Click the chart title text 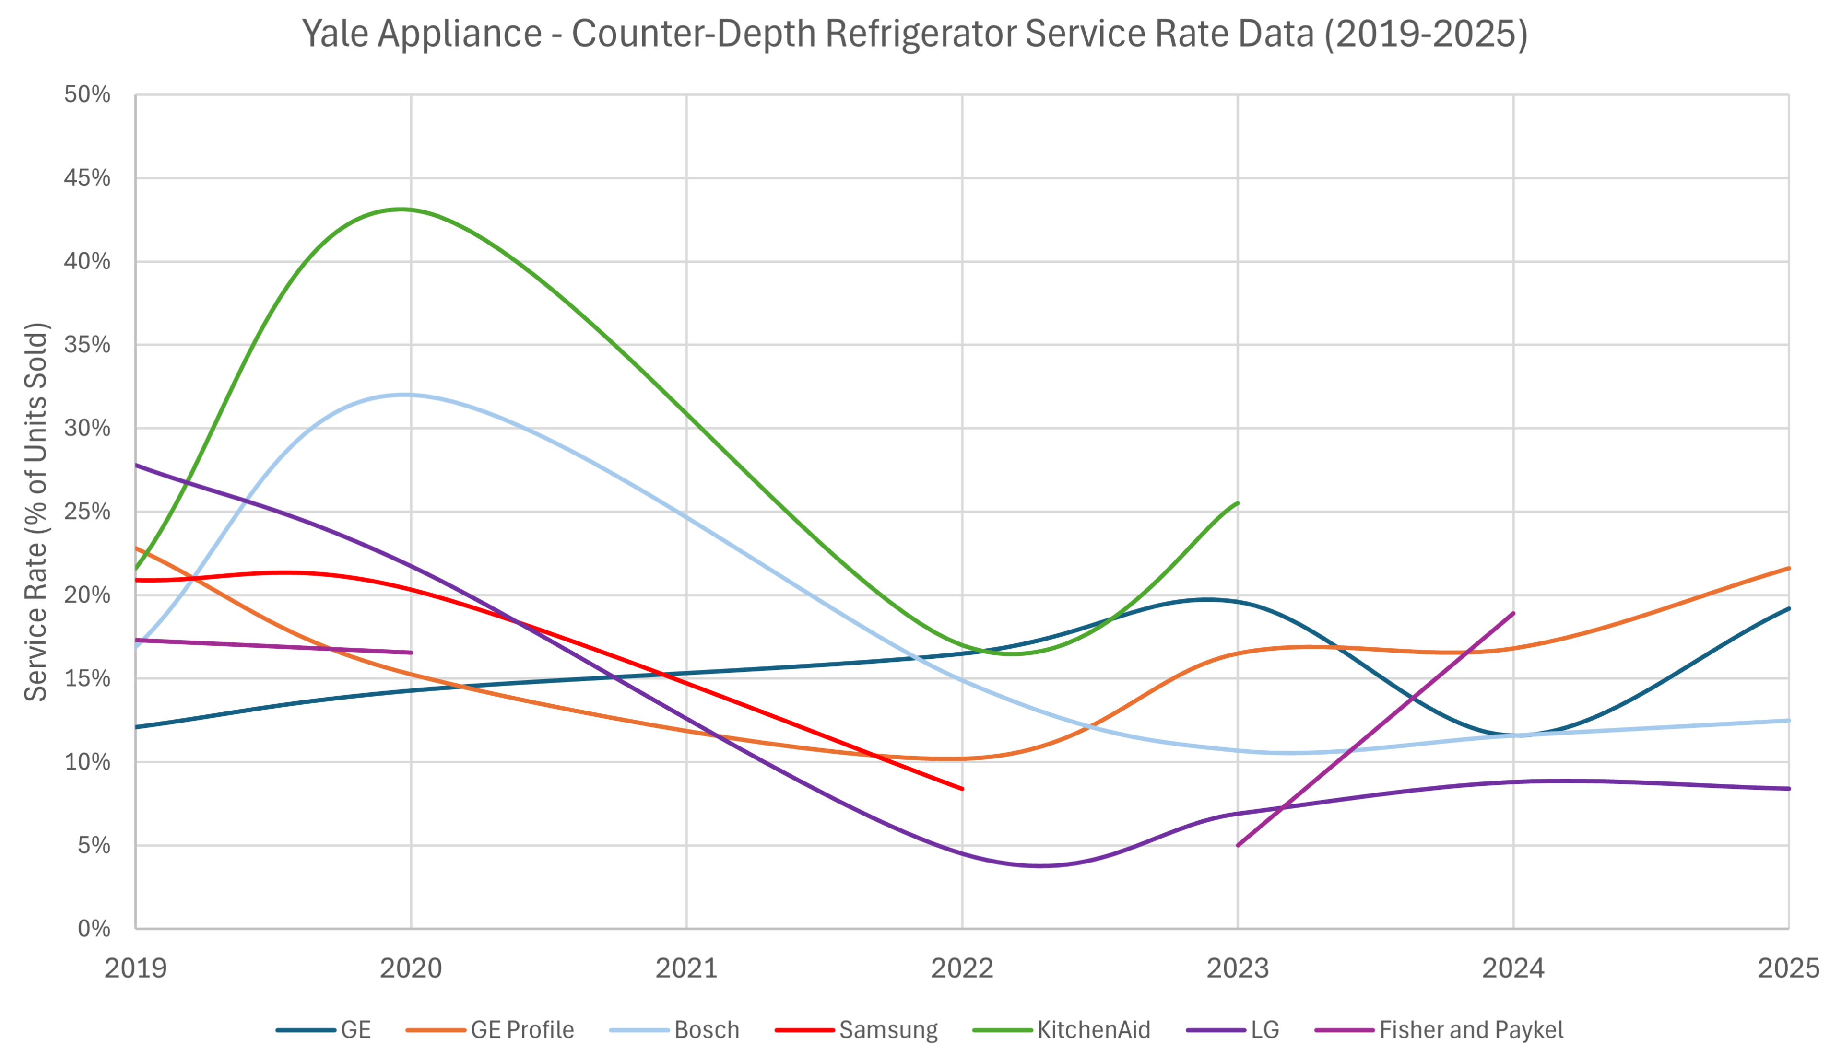tap(914, 34)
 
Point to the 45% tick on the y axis tap(87, 178)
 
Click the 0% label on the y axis tap(94, 928)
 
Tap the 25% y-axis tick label tap(87, 512)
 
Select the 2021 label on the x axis tap(686, 968)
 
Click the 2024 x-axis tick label tap(1513, 968)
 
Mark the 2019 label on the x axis tap(136, 968)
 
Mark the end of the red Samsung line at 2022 tap(962, 789)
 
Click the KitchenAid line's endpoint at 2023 tap(1238, 503)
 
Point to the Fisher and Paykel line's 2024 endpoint tap(1513, 614)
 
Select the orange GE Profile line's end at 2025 tap(1789, 568)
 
